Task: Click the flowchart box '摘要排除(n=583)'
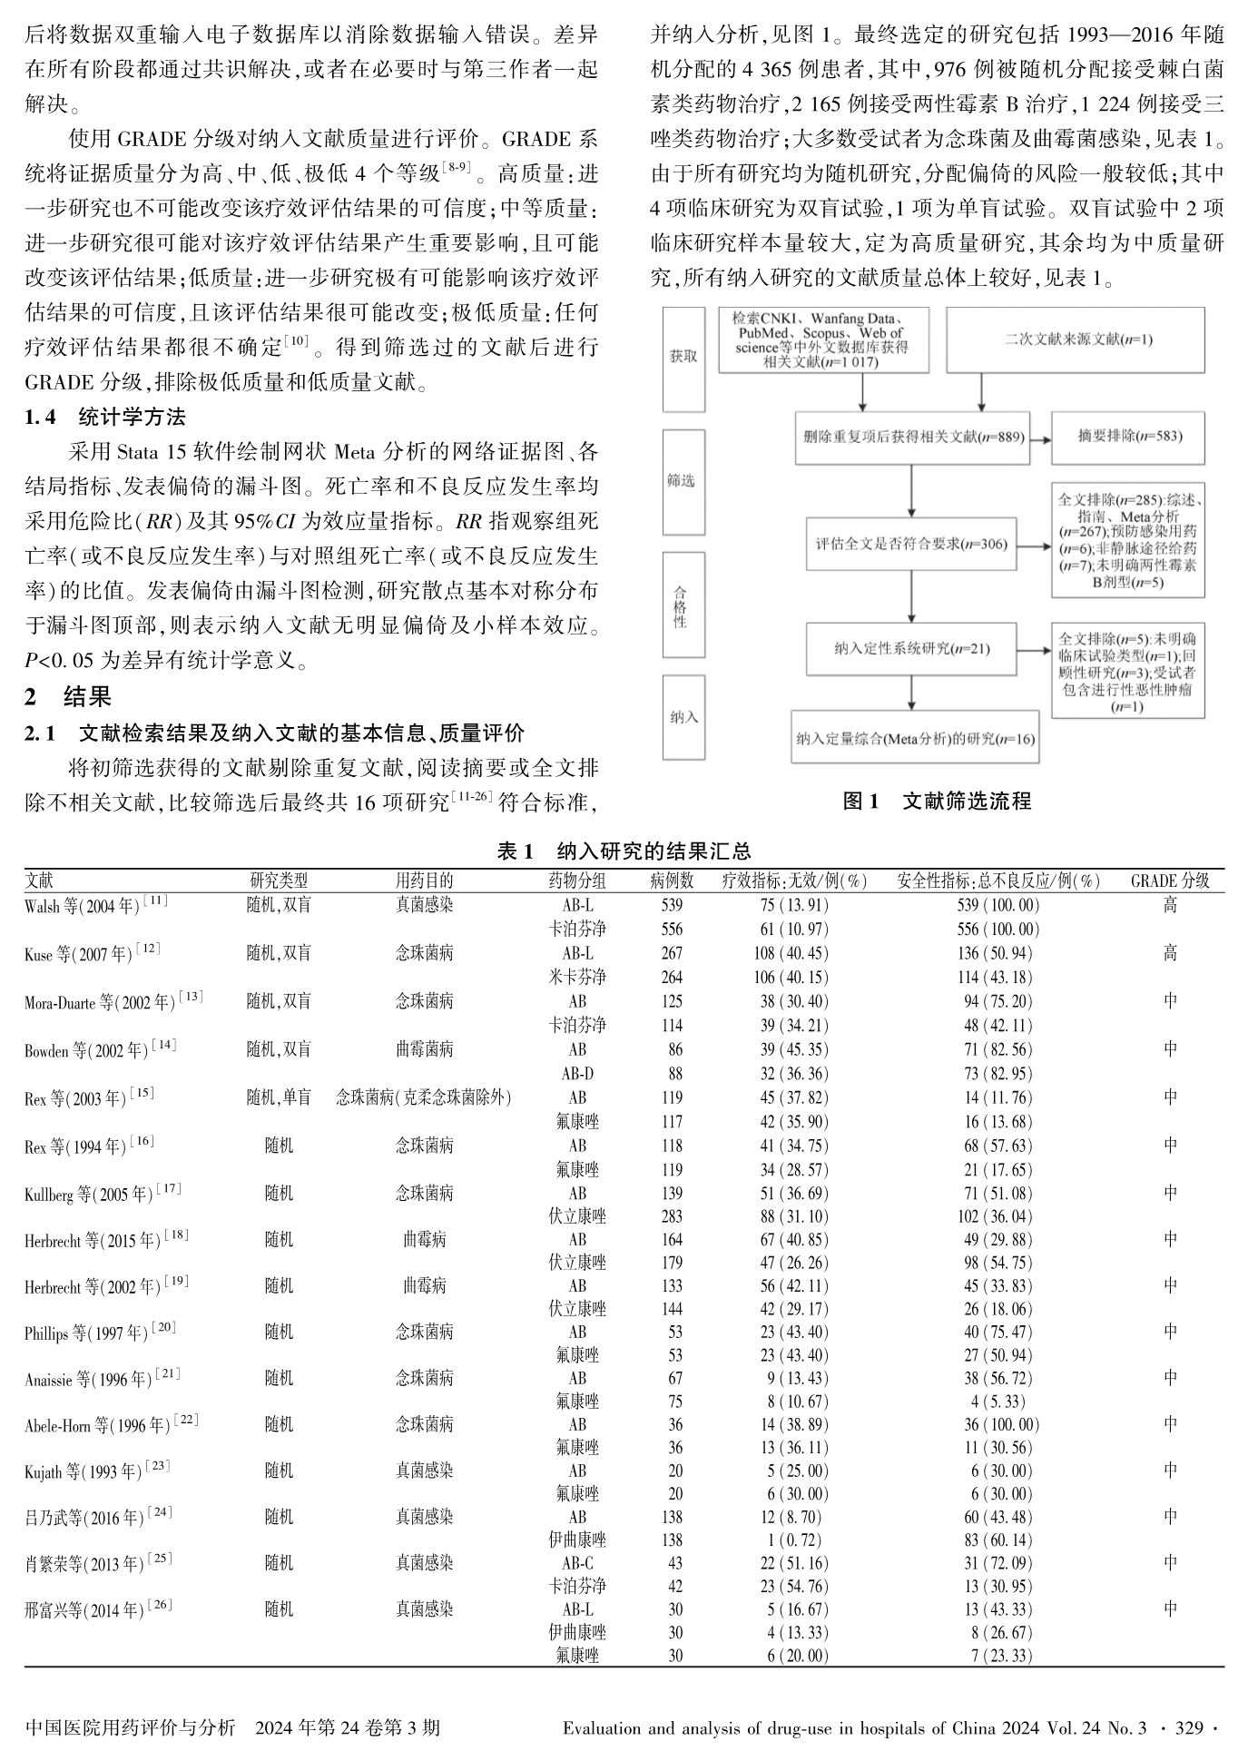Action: [1129, 436]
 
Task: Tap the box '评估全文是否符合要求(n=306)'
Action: [911, 545]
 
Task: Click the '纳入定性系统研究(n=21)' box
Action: [911, 648]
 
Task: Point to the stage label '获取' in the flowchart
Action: [683, 358]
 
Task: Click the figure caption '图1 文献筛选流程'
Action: [938, 801]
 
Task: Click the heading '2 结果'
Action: [68, 696]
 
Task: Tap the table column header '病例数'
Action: [672, 880]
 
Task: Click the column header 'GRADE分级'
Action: [1170, 880]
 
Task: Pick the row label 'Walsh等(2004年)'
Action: [95, 905]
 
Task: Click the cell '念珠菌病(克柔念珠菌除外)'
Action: [424, 1097]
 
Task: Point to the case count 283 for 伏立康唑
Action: [672, 1216]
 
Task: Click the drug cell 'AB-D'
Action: [577, 1074]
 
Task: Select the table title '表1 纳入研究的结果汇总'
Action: [624, 851]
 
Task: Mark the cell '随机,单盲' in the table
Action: [279, 1097]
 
